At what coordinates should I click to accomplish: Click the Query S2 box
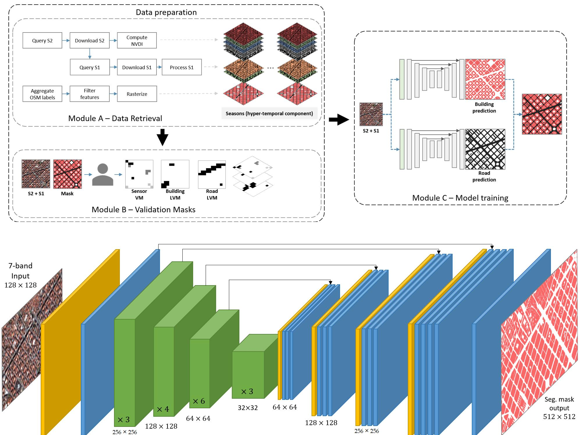(x=42, y=40)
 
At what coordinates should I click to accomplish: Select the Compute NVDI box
(x=137, y=40)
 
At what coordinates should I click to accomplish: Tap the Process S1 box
(x=182, y=67)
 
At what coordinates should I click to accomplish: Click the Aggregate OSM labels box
(x=42, y=94)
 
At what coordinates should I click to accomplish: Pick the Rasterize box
(x=137, y=94)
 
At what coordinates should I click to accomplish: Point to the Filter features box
(x=90, y=94)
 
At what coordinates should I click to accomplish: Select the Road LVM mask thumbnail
(x=212, y=174)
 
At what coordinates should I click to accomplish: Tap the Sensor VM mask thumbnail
(x=139, y=174)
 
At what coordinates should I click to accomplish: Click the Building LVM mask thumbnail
(x=175, y=174)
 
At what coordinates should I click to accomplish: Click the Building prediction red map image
(x=485, y=79)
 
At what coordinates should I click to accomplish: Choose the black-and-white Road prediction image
(x=485, y=149)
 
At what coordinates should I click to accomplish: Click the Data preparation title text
(x=166, y=12)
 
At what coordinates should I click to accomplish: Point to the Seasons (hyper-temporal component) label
(x=269, y=113)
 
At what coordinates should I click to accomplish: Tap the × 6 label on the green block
(x=199, y=401)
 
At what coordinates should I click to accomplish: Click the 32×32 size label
(x=248, y=408)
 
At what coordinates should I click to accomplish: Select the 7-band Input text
(x=20, y=271)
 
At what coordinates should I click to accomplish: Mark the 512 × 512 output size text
(x=559, y=417)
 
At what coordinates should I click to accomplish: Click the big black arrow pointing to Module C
(x=339, y=119)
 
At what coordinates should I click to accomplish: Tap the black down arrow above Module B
(x=162, y=137)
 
